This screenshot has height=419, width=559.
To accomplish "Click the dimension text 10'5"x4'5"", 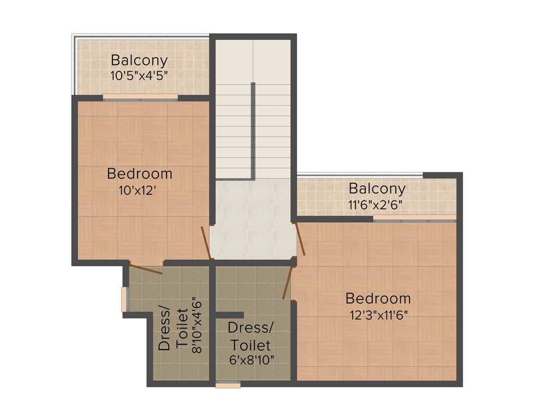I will [139, 75].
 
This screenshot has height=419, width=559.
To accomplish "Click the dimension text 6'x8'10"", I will [251, 360].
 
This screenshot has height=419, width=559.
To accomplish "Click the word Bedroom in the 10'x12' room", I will [140, 174].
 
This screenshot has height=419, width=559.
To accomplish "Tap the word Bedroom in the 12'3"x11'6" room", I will [378, 298].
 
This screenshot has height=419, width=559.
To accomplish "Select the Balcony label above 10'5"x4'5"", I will [139, 60].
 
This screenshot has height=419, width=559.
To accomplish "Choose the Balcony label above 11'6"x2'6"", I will [377, 189].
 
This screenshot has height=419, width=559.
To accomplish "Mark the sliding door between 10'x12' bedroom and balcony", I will [140, 98].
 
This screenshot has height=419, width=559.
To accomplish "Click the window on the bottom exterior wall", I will [228, 385].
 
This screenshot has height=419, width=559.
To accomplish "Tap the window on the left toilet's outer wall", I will [124, 300].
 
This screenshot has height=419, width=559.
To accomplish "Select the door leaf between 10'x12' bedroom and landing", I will [206, 243].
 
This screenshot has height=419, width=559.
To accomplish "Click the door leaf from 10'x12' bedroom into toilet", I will [146, 269].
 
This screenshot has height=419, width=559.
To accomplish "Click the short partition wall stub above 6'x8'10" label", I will [229, 315].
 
